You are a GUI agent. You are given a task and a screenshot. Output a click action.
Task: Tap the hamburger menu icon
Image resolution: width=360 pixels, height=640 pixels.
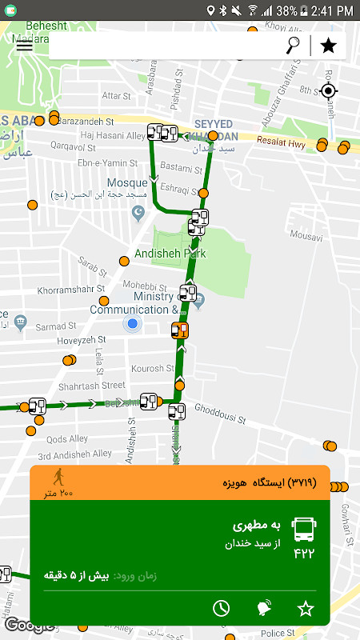pyautogui.click(x=25, y=45)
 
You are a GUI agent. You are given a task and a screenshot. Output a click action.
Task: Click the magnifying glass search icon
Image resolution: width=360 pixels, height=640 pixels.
pyautogui.click(x=293, y=45)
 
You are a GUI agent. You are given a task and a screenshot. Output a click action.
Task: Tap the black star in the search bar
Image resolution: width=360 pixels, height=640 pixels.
pyautogui.click(x=328, y=45)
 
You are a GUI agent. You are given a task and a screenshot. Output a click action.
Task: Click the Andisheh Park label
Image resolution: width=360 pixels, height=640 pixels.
pyautogui.click(x=170, y=254)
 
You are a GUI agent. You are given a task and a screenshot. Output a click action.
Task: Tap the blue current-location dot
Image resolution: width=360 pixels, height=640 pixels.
pyautogui.click(x=133, y=324)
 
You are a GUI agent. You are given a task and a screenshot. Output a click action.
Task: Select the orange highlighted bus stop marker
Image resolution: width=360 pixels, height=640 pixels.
pyautogui.click(x=180, y=330)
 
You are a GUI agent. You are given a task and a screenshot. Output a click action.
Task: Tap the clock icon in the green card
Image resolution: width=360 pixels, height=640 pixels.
pyautogui.click(x=221, y=608)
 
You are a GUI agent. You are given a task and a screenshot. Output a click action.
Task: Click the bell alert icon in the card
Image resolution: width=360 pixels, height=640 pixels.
pyautogui.click(x=263, y=608)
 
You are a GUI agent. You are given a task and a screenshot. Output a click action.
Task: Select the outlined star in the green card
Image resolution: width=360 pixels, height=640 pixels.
pyautogui.click(x=306, y=608)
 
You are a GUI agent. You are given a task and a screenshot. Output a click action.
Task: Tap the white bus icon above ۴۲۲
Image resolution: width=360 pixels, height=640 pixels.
pyautogui.click(x=304, y=529)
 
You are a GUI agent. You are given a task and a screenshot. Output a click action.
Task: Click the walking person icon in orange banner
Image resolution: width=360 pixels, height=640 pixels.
pyautogui.click(x=58, y=478)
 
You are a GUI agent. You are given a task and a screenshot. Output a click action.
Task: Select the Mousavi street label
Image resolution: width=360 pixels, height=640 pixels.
pyautogui.click(x=306, y=236)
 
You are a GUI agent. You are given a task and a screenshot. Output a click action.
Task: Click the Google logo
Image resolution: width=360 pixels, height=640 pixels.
pyautogui.click(x=29, y=625)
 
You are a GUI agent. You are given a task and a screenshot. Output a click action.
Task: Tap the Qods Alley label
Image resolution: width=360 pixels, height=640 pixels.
pyautogui.click(x=68, y=439)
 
